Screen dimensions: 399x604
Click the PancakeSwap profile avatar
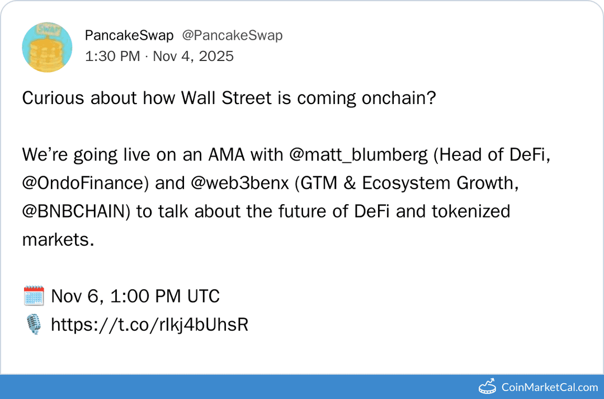47,47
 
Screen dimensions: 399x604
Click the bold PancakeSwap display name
129,35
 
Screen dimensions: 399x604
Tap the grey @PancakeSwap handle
232,35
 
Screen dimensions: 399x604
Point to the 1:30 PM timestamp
112,56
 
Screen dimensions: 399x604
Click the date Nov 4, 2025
193,56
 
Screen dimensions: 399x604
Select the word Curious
55,98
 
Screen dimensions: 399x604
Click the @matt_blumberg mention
358,155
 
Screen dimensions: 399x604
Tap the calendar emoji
34,296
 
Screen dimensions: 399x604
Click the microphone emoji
34,325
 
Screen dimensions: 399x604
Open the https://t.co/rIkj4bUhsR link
149,325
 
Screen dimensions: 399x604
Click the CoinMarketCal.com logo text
549,387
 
